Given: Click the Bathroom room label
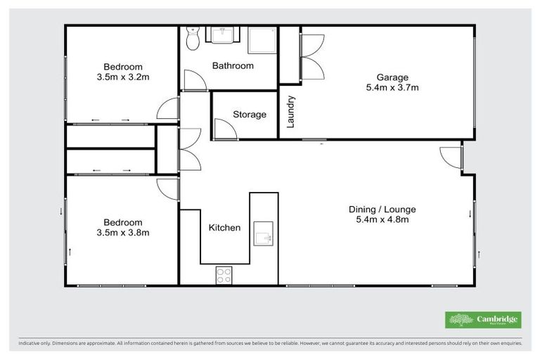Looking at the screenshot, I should [x=233, y=66].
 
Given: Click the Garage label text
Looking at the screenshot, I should [x=392, y=77].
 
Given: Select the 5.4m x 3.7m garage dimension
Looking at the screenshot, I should [x=392, y=88].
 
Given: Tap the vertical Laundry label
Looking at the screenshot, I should [x=291, y=112].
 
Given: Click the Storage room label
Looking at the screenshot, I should [x=250, y=115].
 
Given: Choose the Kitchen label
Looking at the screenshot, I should [x=225, y=228].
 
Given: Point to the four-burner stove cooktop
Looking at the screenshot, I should [x=224, y=275].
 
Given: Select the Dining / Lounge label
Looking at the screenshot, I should [x=382, y=210].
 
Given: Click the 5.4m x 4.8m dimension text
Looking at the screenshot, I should [x=382, y=220].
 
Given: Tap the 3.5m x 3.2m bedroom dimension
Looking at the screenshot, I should [x=123, y=77].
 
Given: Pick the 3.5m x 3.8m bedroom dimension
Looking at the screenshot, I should [x=123, y=233].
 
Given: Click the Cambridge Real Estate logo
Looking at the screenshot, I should [x=483, y=320].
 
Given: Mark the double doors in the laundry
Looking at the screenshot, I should [x=311, y=57].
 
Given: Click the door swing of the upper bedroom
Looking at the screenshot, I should [x=169, y=110].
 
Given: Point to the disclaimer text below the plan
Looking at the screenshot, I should [x=270, y=344].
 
